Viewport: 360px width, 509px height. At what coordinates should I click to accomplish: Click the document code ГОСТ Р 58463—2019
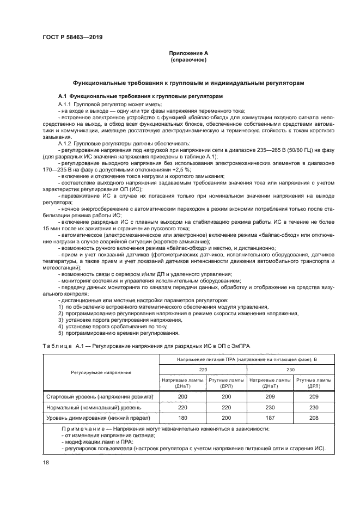point(72,37)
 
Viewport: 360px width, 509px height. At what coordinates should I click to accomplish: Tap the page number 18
point(46,463)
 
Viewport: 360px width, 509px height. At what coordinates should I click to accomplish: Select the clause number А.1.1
point(66,103)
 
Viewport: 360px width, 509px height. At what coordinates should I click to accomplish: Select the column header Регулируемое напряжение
point(101,372)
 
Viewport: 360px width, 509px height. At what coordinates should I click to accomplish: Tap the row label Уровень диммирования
point(98,418)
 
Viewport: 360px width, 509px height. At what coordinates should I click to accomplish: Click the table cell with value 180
point(182,418)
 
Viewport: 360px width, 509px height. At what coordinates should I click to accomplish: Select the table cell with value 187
point(269,418)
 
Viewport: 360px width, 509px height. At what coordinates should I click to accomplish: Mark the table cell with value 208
point(313,418)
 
